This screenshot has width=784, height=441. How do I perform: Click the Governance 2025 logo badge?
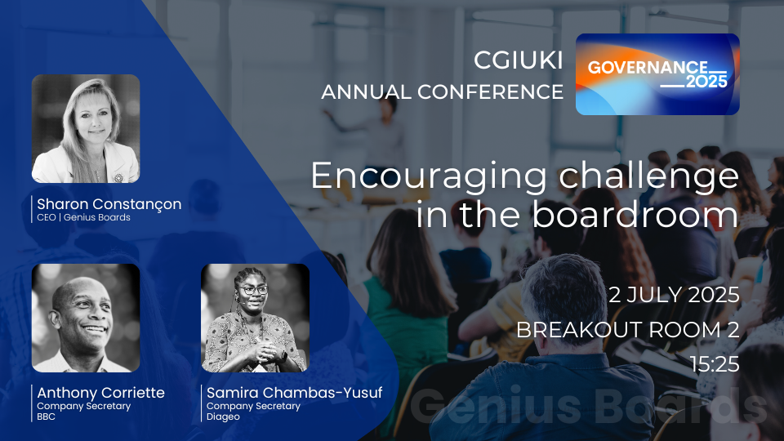(657, 74)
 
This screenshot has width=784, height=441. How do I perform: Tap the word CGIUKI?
(519, 60)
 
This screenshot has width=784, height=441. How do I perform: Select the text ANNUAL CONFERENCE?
(442, 92)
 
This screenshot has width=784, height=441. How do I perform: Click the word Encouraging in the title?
(429, 177)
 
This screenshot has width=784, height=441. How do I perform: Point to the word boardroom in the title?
(635, 214)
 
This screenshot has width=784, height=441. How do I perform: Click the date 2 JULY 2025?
(674, 295)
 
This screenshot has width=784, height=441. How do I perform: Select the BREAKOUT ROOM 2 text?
(627, 330)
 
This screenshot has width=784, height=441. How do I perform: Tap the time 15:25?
(715, 364)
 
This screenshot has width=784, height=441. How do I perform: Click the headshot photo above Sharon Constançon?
(86, 128)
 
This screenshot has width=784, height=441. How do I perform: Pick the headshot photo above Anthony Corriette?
(86, 318)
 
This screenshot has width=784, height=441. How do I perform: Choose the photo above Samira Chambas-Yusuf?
(255, 318)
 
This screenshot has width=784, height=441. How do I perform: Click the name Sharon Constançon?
(109, 204)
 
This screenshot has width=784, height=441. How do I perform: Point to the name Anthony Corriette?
(100, 393)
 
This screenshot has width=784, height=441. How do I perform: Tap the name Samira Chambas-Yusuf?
(295, 393)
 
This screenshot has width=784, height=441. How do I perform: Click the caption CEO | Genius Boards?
(83, 217)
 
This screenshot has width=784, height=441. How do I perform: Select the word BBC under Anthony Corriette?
(46, 416)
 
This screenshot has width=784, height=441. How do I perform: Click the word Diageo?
(223, 417)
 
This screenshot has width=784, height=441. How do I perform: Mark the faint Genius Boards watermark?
(589, 406)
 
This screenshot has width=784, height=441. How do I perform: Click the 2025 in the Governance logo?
(706, 82)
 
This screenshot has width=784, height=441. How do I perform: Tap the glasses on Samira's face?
(253, 290)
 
